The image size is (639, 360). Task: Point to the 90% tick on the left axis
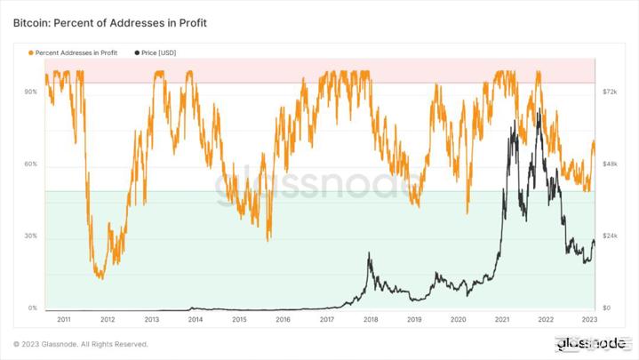click(31, 92)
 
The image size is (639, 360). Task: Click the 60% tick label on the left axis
click(31, 164)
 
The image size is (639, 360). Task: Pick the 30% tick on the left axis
click(31, 236)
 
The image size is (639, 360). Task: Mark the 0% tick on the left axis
click(33, 308)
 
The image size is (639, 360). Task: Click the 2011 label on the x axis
click(64, 319)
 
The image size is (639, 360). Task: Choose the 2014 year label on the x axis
click(195, 319)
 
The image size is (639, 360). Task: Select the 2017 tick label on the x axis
click(326, 319)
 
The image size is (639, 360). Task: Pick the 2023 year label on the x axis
click(588, 319)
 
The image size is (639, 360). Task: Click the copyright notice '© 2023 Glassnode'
click(81, 345)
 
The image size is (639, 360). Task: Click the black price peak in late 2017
click(370, 255)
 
